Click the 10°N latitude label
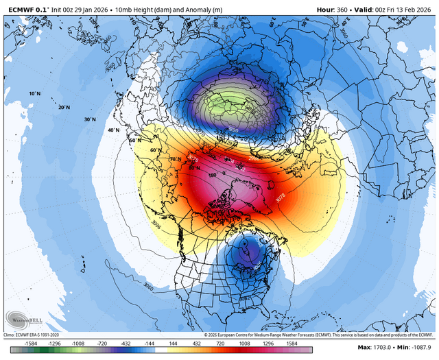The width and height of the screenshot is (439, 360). click(x=34, y=93)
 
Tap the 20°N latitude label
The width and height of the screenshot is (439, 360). click(x=64, y=108)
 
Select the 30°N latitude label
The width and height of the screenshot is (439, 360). click(x=89, y=119)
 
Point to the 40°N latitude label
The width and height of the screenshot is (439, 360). click(x=113, y=130)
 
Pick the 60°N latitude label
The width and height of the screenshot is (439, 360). click(x=155, y=149)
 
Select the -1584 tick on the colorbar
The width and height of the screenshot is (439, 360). click(x=30, y=344)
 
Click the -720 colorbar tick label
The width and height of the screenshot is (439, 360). click(x=104, y=344)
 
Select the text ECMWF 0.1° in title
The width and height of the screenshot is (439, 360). click(x=25, y=7)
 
